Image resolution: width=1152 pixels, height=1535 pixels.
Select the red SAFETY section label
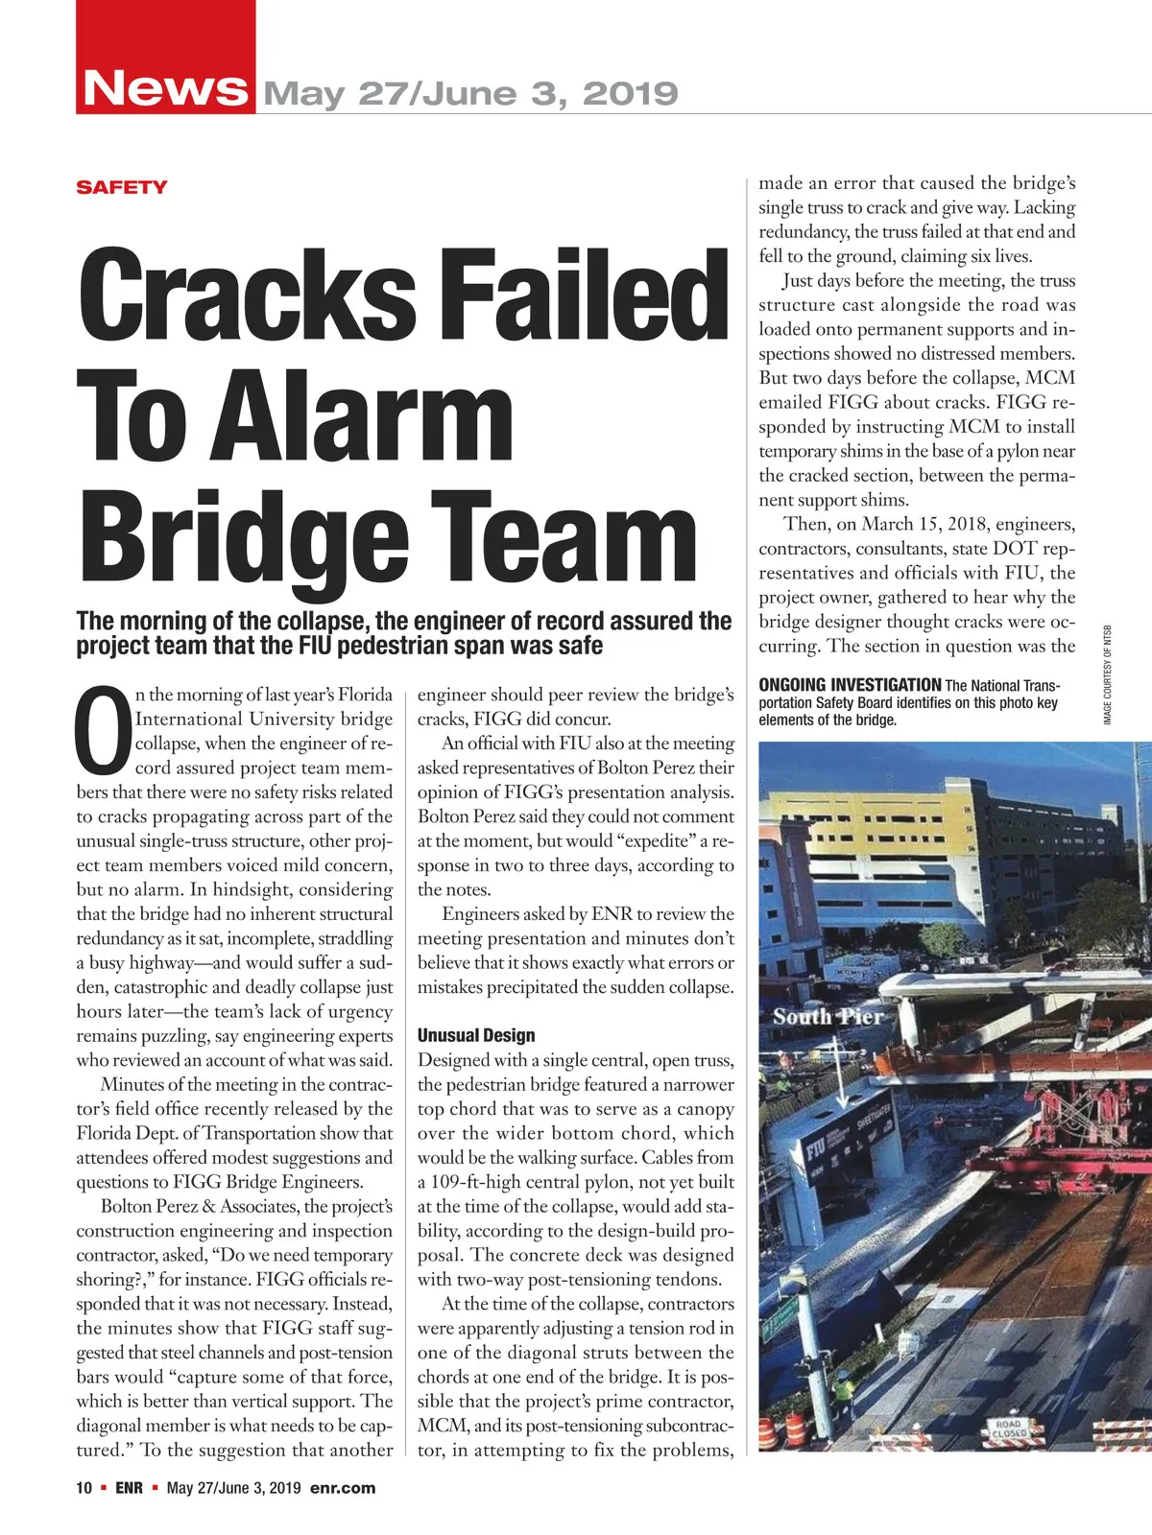coord(122,187)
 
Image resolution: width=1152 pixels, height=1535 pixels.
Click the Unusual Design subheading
coord(476,1035)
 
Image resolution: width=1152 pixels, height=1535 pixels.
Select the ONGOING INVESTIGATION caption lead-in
coord(850,685)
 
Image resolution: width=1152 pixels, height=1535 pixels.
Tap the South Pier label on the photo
coord(828,1017)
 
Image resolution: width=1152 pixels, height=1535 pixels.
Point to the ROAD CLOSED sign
coord(1008,1429)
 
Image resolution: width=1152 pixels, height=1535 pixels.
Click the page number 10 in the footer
coord(84,1488)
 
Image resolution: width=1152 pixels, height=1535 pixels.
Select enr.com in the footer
coord(343,1488)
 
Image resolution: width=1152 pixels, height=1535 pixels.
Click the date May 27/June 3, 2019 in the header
coord(470,94)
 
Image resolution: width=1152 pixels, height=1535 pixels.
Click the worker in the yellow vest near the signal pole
coord(842,1390)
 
